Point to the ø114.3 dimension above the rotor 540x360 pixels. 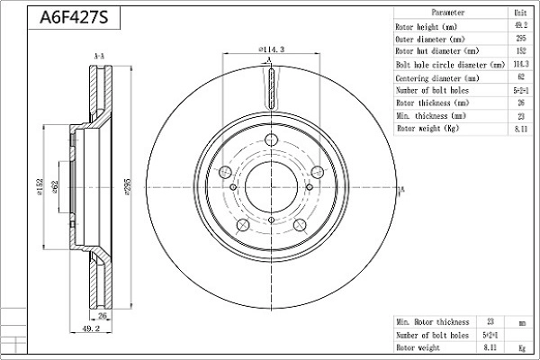(271, 49)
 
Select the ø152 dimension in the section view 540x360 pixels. (40, 187)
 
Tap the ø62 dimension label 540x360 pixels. (54, 187)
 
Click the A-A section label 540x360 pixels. (98, 56)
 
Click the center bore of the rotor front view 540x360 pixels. (270, 187)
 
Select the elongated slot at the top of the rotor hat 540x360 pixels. (270, 91)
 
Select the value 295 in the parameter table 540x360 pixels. (519, 40)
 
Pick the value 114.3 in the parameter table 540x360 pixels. (519, 65)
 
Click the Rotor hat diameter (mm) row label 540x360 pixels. (435, 52)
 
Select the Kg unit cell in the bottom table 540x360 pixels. (519, 346)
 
